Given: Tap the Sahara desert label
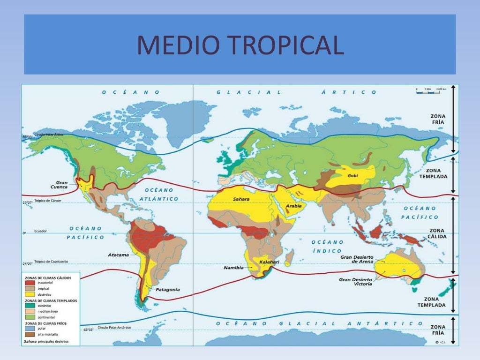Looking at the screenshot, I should pyautogui.click(x=241, y=199).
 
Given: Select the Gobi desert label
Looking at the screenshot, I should pyautogui.click(x=352, y=176).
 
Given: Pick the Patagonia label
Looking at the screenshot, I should pyautogui.click(x=168, y=290).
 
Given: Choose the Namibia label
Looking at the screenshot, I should pyautogui.click(x=234, y=268).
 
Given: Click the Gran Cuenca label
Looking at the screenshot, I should pyautogui.click(x=62, y=185).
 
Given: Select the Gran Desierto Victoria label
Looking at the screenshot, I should pyautogui.click(x=356, y=282).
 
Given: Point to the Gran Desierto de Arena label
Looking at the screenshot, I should pyautogui.click(x=357, y=259).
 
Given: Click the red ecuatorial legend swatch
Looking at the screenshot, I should pyautogui.click(x=30, y=283).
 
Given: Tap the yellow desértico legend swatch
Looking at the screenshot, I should pyautogui.click(x=30, y=294).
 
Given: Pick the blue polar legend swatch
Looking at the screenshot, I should pyautogui.click(x=30, y=329).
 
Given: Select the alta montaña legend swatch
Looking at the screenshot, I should pyautogui.click(x=30, y=334).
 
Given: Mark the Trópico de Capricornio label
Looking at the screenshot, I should pyautogui.click(x=51, y=261).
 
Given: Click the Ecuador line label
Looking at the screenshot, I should pyautogui.click(x=40, y=231).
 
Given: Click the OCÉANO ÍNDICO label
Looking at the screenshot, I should pyautogui.click(x=328, y=247).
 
